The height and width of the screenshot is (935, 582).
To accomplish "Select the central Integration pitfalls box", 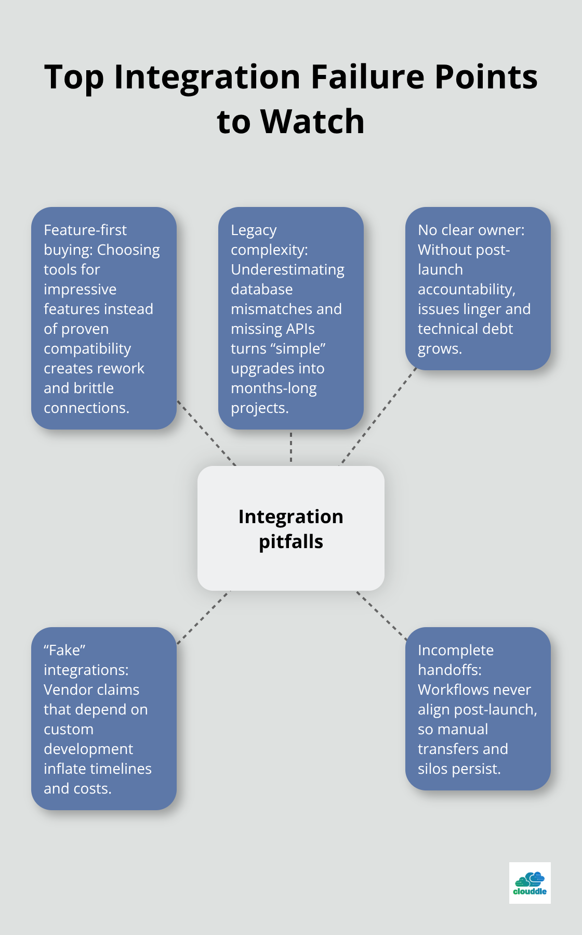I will tap(290, 528).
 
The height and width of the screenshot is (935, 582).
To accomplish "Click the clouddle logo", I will tap(530, 883).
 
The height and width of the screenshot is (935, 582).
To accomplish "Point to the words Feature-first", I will tap(85, 230).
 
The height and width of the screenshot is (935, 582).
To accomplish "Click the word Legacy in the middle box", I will tap(254, 230).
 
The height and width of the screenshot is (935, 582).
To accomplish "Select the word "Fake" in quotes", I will tap(64, 650).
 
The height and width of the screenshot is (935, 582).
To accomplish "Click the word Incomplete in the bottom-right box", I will tap(455, 650).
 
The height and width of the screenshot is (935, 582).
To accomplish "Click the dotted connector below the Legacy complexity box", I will tap(291, 447).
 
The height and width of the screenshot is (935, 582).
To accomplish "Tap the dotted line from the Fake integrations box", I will tap(203, 617).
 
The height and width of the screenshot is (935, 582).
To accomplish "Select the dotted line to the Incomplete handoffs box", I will tap(381, 615).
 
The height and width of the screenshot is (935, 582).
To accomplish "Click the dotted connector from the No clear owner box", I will tap(378, 416).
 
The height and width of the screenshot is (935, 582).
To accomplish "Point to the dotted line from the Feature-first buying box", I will tap(206, 433).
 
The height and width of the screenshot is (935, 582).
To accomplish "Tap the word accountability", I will tap(466, 289).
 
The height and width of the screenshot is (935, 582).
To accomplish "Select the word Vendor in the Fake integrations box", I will tap(65, 690).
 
